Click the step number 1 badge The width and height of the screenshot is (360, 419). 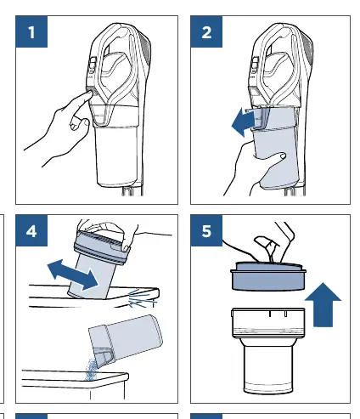coord(31,31)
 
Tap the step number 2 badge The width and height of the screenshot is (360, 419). coord(206,31)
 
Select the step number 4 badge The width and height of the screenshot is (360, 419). coord(31,230)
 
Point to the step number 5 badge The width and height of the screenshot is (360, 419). coord(206,230)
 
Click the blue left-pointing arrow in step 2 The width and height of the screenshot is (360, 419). coord(244,122)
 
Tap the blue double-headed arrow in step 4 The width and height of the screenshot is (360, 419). coord(73,275)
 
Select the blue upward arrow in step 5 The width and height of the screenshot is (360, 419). coord(323,304)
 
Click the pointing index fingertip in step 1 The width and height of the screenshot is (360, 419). coord(90,93)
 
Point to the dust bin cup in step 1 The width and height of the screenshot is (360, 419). coord(117,156)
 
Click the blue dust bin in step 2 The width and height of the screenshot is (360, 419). coord(275,147)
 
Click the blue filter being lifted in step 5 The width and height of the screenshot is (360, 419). coord(268,277)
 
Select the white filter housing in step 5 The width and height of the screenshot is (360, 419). coord(268,350)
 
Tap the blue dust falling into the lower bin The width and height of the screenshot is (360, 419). coord(91,369)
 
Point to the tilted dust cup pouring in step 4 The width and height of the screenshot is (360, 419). coord(126,340)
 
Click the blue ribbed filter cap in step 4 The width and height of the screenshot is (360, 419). coord(100,247)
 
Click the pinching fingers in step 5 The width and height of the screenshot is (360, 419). coord(273,244)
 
